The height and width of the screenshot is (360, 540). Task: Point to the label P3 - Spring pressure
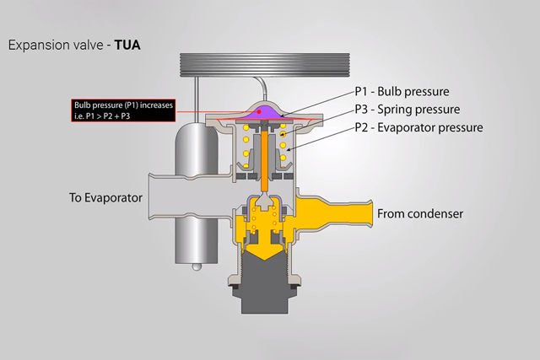407,110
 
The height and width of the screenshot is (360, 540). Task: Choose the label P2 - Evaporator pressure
418,128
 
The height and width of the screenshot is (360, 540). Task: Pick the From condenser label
420,214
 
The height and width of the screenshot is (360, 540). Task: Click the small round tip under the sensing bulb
196,266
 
